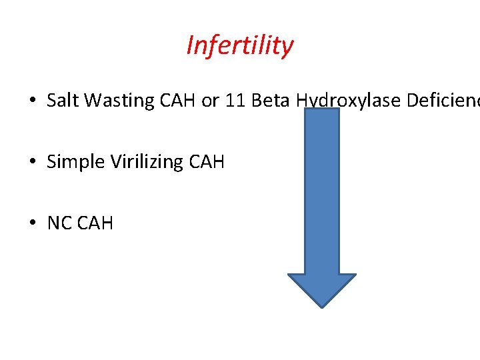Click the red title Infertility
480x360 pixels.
coord(239,46)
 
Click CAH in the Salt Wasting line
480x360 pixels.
coord(179,101)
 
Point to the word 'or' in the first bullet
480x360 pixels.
coord(211,101)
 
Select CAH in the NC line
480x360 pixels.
coord(95,223)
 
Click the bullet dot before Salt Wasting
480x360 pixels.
coord(32,101)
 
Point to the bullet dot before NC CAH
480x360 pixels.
coord(32,223)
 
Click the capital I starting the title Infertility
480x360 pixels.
coord(190,45)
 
